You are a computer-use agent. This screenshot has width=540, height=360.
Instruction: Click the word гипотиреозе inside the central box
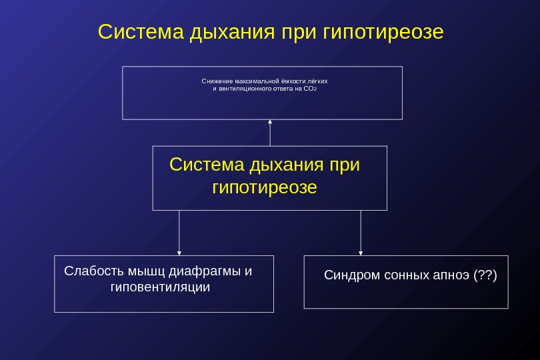pyautogui.click(x=264, y=187)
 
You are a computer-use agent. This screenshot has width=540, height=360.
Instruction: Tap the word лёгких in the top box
pyautogui.click(x=317, y=81)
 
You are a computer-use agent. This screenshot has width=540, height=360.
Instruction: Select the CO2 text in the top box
pyautogui.click(x=309, y=88)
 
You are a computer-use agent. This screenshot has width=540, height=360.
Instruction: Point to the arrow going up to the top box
pyautogui.click(x=270, y=132)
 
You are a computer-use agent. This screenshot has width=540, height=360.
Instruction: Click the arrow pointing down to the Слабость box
pyautogui.click(x=179, y=233)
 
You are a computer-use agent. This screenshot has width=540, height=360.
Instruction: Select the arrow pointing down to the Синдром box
pyautogui.click(x=361, y=233)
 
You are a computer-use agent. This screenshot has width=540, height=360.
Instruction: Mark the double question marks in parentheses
pyautogui.click(x=485, y=275)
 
